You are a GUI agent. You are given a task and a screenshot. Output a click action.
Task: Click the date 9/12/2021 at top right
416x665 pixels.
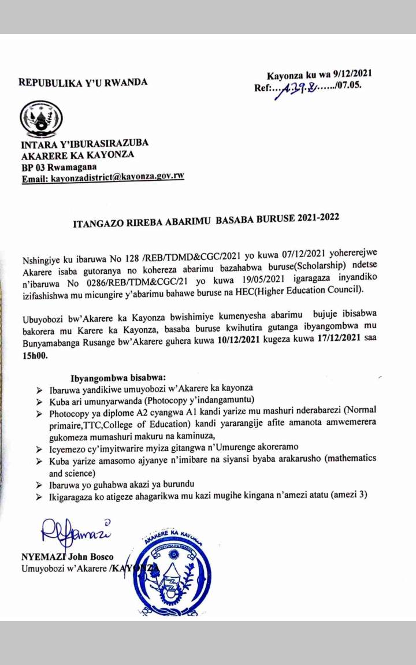click(346, 74)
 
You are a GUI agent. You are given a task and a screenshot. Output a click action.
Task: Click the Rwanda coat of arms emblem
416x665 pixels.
click(38, 120)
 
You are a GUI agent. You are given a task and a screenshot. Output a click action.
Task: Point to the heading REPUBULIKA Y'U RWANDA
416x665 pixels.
click(83, 82)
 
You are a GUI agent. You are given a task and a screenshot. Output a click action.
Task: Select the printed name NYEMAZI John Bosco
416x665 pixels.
click(67, 558)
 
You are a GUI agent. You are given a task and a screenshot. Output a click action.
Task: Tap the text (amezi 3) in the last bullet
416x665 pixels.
click(350, 495)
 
